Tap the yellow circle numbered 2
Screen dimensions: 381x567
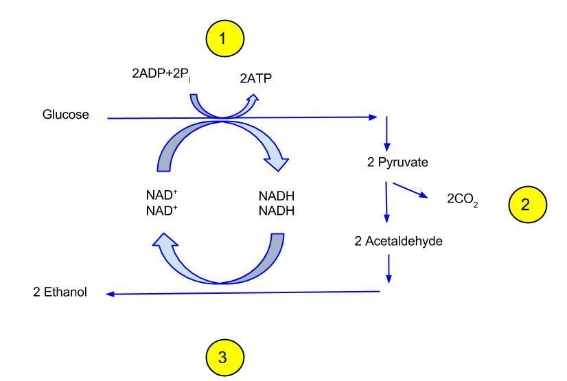coord(526,203)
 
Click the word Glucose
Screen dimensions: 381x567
coord(66,115)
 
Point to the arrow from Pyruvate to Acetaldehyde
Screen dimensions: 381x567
coord(388,203)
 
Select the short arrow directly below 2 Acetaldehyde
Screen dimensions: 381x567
coord(389,268)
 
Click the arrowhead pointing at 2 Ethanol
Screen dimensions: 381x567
coord(111,295)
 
